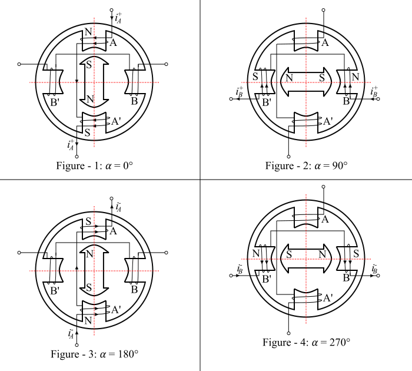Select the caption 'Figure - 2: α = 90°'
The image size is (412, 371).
tap(306, 165)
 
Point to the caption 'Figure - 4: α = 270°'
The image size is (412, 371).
tap(306, 342)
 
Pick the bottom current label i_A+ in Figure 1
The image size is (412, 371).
tap(72, 145)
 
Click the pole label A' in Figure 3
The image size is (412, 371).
tap(117, 309)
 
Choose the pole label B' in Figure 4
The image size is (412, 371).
tap(267, 277)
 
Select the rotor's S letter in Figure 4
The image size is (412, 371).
tap(288, 254)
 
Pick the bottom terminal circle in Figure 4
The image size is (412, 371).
tap(288, 332)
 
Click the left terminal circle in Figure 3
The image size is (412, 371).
tap(19, 253)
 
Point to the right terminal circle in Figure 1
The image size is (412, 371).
tap(169, 64)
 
